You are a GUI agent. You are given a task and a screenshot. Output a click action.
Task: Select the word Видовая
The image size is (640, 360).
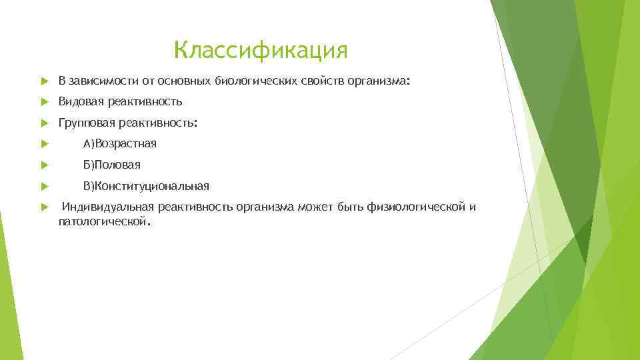coord(78,102)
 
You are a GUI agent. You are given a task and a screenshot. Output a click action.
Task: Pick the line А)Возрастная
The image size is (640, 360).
coord(120,144)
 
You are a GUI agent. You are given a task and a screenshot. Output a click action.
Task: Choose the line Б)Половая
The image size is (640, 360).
coord(112,165)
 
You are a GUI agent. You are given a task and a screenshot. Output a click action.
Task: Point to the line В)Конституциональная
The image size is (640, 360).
coord(146,186)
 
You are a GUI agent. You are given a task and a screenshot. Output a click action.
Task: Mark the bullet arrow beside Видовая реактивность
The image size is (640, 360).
coord(44,103)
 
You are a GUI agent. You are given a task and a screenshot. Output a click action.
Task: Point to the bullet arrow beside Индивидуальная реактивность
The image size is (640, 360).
coord(44,207)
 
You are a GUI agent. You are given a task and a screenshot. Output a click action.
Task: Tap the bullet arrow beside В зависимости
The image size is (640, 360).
coord(44,81)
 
